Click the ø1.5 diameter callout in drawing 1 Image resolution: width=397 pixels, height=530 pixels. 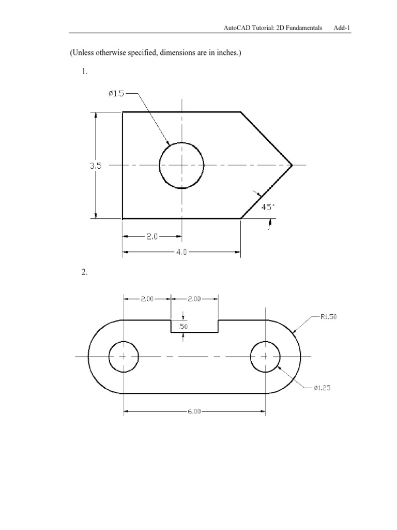(x=116, y=94)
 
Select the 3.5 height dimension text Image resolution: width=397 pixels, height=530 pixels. (x=96, y=166)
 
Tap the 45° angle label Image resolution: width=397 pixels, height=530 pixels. (x=267, y=207)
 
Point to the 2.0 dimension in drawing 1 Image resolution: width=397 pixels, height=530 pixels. (x=151, y=237)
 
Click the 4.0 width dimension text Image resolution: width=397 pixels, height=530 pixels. (x=181, y=253)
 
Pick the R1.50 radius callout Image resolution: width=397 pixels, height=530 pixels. (x=328, y=317)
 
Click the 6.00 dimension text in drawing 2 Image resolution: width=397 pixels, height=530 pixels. (x=194, y=412)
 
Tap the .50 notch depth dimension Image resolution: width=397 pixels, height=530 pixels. (x=182, y=326)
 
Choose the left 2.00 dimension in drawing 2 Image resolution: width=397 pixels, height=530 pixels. (x=147, y=298)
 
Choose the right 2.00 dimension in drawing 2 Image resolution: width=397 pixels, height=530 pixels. (x=194, y=298)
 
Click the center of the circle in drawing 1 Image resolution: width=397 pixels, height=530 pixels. (x=181, y=165)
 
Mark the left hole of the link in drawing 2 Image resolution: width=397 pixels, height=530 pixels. (x=124, y=357)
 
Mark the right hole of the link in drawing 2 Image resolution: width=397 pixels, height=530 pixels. (x=265, y=357)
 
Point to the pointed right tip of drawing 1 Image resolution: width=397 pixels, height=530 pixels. (x=292, y=165)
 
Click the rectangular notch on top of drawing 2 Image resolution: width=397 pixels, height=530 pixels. (x=194, y=326)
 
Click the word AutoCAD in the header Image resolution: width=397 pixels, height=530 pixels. (x=238, y=27)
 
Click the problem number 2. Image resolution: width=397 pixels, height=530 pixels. (x=84, y=273)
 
